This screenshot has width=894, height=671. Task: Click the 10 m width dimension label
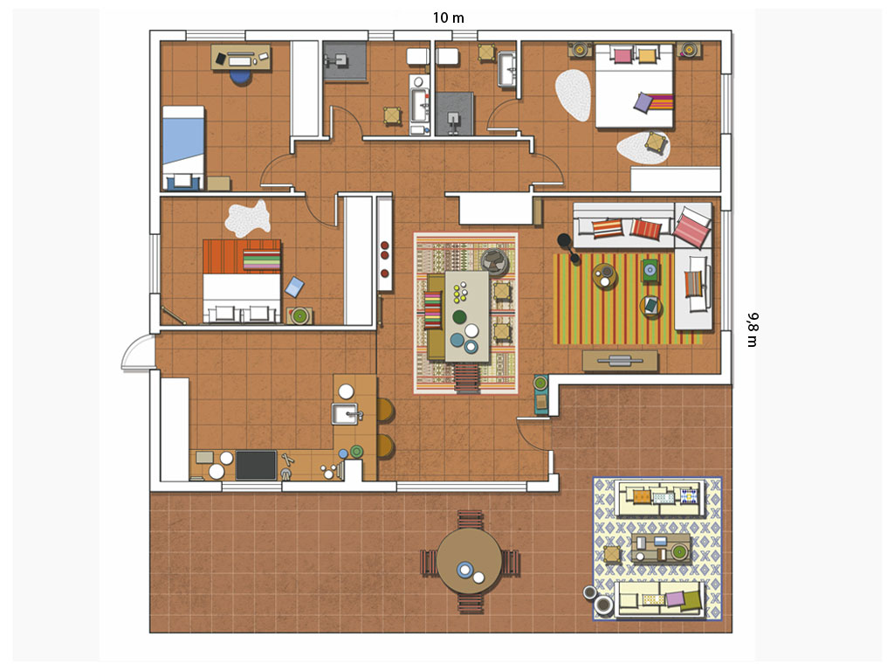point(448,17)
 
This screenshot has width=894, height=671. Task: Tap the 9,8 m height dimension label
point(753,329)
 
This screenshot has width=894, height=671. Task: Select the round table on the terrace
point(469,562)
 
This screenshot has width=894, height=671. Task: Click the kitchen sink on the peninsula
point(346,413)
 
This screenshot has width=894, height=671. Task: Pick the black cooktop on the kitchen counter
point(256,465)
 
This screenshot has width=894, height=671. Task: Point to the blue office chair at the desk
point(241,77)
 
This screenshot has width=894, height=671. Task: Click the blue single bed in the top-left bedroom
point(183,147)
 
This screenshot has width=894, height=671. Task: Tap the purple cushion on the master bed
point(643,103)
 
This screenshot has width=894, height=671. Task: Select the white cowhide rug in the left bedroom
point(247,218)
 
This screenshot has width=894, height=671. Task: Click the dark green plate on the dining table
point(459,316)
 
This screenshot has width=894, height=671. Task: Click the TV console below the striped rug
point(620,361)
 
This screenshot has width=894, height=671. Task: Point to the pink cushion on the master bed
point(622,55)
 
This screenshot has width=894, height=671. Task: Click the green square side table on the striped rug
point(650,270)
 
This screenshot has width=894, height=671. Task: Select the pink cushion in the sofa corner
point(691,227)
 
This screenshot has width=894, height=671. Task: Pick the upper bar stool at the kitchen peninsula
point(385,411)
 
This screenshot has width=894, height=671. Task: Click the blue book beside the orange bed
point(294,287)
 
